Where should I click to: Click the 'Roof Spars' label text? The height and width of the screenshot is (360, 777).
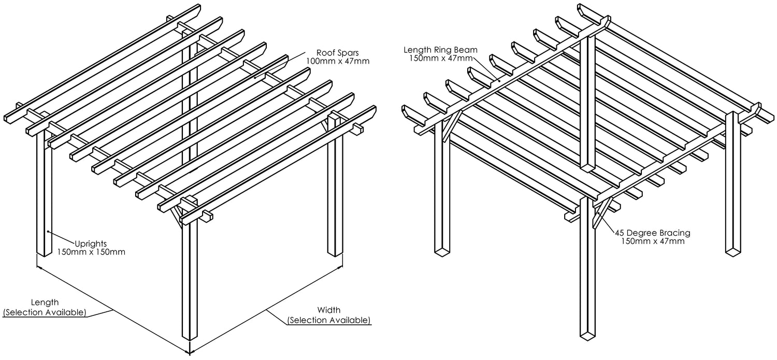(x=339, y=52)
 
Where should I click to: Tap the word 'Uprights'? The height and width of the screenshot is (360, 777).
(x=91, y=243)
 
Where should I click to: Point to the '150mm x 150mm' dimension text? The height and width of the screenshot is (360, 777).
(x=91, y=252)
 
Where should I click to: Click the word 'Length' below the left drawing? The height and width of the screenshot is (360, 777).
(x=45, y=302)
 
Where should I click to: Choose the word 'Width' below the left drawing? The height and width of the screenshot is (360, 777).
(x=329, y=310)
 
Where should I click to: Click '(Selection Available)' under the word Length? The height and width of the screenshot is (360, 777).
(x=45, y=312)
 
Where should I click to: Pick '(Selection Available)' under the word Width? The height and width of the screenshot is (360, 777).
(x=329, y=321)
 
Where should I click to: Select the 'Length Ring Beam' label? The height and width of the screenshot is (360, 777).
(x=441, y=50)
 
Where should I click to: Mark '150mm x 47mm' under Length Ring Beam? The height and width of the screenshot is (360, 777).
(x=441, y=59)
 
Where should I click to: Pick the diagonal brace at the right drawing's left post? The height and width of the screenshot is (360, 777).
(x=448, y=126)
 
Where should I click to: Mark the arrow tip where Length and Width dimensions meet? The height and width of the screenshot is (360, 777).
(x=190, y=352)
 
